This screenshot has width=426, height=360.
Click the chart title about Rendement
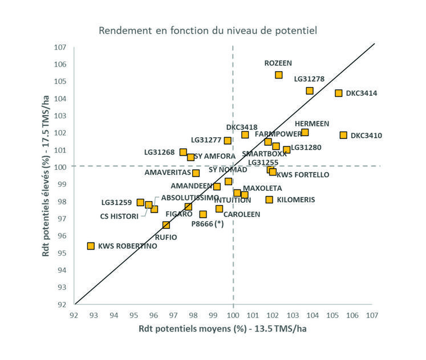tap(208, 30)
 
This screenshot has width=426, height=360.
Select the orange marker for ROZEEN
tap(279, 75)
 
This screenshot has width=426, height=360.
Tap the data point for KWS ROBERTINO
tap(91, 246)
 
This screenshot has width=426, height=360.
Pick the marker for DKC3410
tap(343, 135)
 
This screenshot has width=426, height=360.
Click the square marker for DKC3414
tap(338, 93)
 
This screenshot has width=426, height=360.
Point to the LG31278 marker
tap(310, 91)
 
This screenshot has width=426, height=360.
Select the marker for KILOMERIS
tap(269, 199)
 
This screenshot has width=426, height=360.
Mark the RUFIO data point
tap(166, 225)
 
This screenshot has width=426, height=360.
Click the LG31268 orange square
tap(183, 152)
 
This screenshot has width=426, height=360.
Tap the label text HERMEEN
tap(311, 124)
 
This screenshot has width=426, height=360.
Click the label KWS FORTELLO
tap(302, 175)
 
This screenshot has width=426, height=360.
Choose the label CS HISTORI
tap(119, 216)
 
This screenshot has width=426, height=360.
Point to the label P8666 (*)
tap(208, 224)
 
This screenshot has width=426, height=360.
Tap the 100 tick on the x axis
tap(233, 315)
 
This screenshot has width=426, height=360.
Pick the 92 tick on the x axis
tap(74, 315)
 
